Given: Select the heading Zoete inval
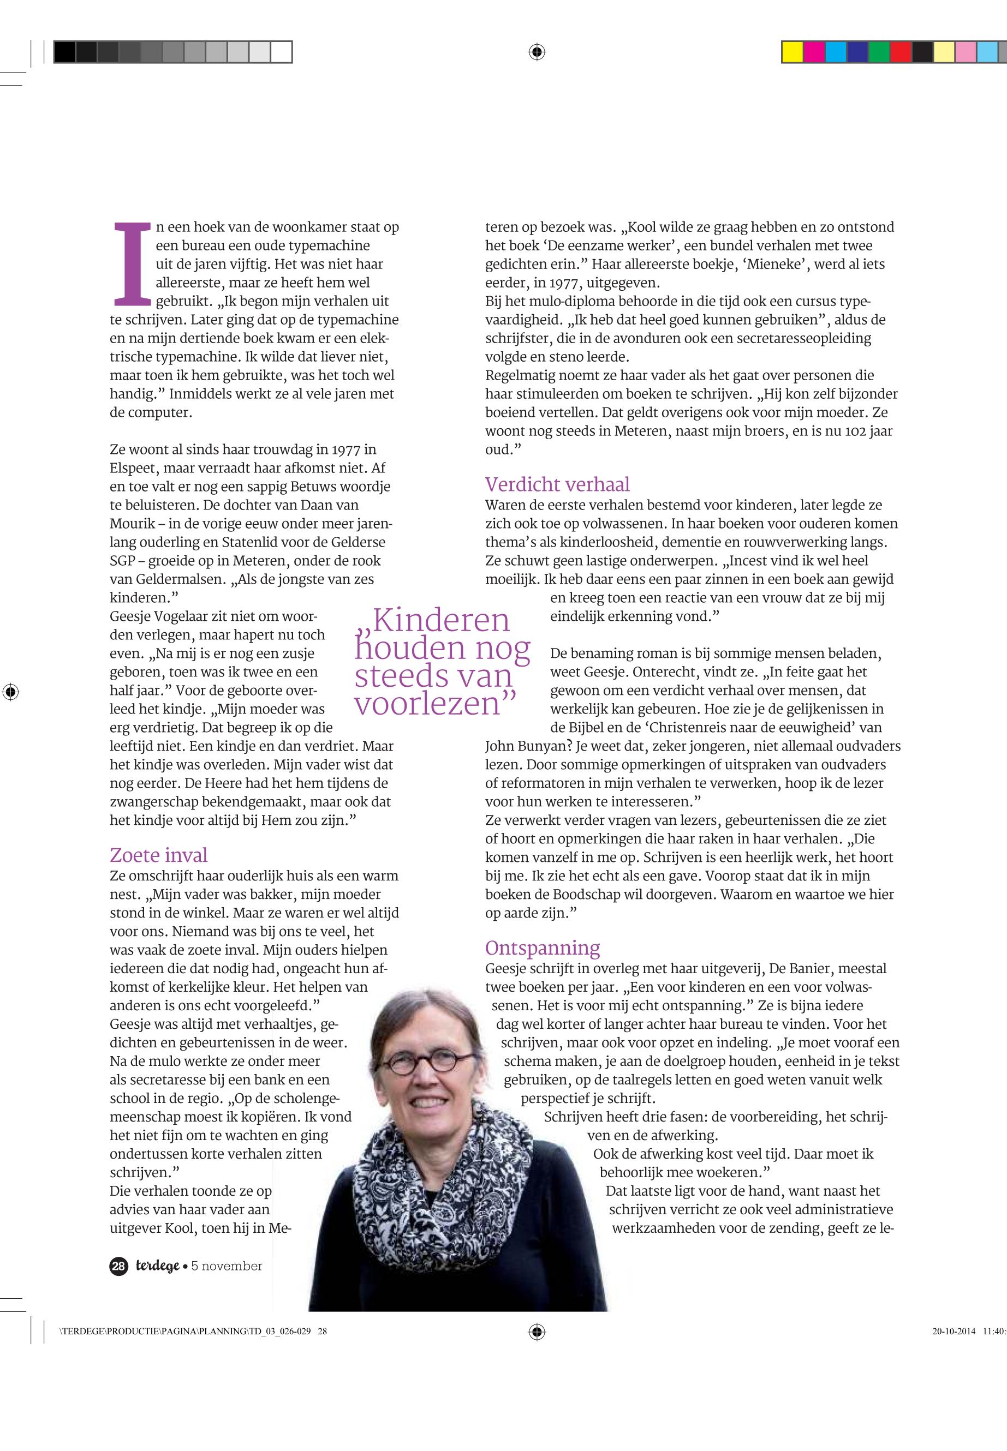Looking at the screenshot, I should (x=158, y=855).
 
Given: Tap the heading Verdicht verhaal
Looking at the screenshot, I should (x=557, y=484).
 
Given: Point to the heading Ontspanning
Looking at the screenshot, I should (x=542, y=948).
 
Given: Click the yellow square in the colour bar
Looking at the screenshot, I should (x=792, y=52).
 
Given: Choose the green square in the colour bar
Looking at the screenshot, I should (x=878, y=52).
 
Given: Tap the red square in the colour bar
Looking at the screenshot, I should (x=901, y=52).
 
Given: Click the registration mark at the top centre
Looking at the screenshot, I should (x=537, y=52).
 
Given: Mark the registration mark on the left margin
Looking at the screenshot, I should (x=11, y=692).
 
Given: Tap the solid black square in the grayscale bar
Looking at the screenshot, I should (x=64, y=52).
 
